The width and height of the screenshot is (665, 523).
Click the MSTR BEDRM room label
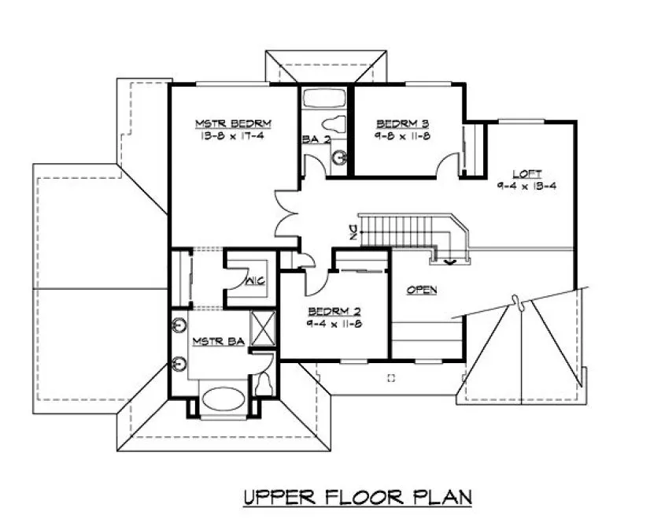234,123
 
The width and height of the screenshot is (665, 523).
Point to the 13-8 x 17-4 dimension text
234,135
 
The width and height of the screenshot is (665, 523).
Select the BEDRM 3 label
402,123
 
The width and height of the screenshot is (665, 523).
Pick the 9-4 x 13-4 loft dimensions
526,186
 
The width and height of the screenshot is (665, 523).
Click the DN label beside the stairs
353,232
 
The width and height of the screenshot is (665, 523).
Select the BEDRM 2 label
334,310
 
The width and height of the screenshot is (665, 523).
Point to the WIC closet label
253,280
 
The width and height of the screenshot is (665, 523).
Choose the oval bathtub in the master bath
224,399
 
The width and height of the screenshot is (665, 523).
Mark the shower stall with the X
262,328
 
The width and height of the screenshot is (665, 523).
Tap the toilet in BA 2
335,124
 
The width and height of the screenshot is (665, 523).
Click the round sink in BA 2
340,157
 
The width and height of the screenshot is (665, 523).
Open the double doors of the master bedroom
285,213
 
